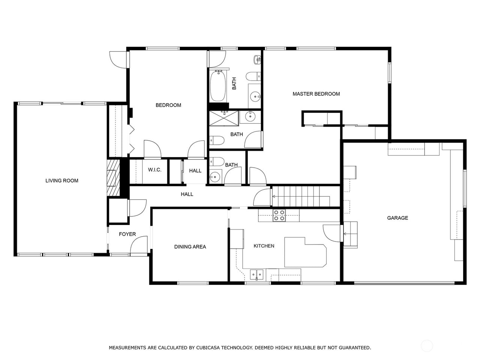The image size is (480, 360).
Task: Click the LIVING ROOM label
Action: pyautogui.click(x=62, y=181)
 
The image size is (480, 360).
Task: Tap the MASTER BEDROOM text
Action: pyautogui.click(x=316, y=94)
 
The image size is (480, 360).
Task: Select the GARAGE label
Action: pyautogui.click(x=397, y=218)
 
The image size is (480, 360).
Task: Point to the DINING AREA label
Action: pyautogui.click(x=190, y=247)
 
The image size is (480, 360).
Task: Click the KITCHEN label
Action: pyautogui.click(x=264, y=246)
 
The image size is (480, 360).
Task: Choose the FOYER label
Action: pyautogui.click(x=127, y=234)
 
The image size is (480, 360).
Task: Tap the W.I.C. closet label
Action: pyautogui.click(x=154, y=170)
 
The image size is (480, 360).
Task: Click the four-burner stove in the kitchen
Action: pyautogui.click(x=279, y=215)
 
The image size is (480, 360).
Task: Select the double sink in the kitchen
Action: pyautogui.click(x=257, y=275)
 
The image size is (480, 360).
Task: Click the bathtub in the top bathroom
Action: pyautogui.click(x=217, y=86)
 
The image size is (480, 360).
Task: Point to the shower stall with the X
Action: pyautogui.click(x=224, y=118)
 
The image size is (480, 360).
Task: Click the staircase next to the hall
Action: pyautogui.click(x=300, y=196)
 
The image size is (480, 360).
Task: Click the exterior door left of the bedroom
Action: pyautogui.click(x=118, y=59)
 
